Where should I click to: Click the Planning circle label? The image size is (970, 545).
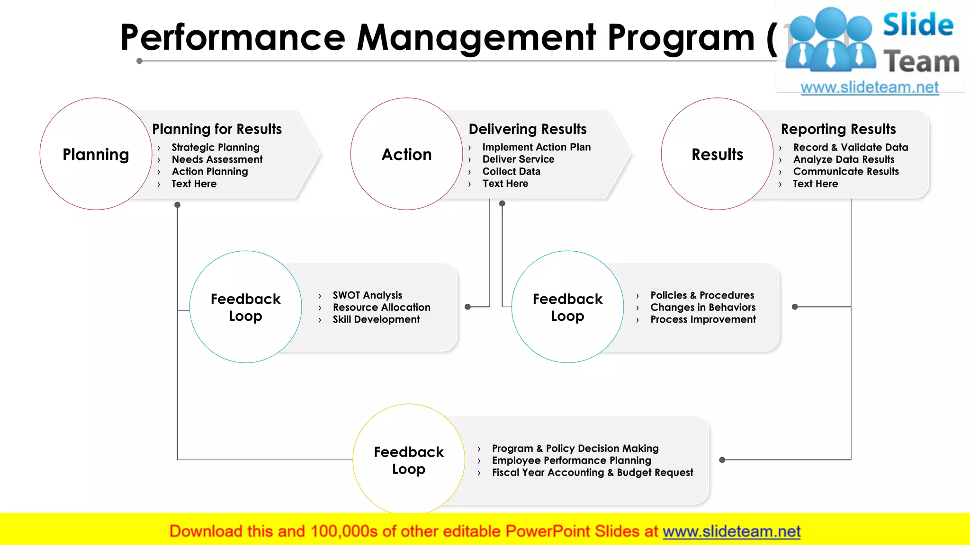click(x=96, y=155)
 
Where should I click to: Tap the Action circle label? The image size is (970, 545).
click(x=406, y=155)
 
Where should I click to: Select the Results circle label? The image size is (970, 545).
click(x=717, y=155)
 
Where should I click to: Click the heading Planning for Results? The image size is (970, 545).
click(x=217, y=129)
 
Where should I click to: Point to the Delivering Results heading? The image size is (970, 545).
click(x=528, y=129)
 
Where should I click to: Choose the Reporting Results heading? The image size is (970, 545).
click(x=838, y=129)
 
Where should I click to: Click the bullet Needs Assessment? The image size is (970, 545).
click(x=217, y=159)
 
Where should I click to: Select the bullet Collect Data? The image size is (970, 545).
click(x=511, y=172)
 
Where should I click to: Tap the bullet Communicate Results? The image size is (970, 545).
click(x=846, y=172)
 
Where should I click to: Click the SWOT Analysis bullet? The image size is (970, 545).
click(x=368, y=295)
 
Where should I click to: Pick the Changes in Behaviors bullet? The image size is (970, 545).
click(x=703, y=308)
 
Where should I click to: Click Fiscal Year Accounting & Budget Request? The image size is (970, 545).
click(x=593, y=473)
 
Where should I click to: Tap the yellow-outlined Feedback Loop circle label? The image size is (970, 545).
click(x=409, y=460)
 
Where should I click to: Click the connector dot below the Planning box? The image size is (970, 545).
click(x=177, y=205)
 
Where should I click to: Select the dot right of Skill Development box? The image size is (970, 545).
click(x=467, y=307)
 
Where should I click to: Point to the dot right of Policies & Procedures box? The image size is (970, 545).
click(x=795, y=307)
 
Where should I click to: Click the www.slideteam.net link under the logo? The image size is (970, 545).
click(x=870, y=88)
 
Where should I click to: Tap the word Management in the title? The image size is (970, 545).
click(x=476, y=38)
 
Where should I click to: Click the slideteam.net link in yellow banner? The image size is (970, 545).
click(x=731, y=532)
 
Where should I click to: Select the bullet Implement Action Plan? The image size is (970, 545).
click(x=536, y=147)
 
